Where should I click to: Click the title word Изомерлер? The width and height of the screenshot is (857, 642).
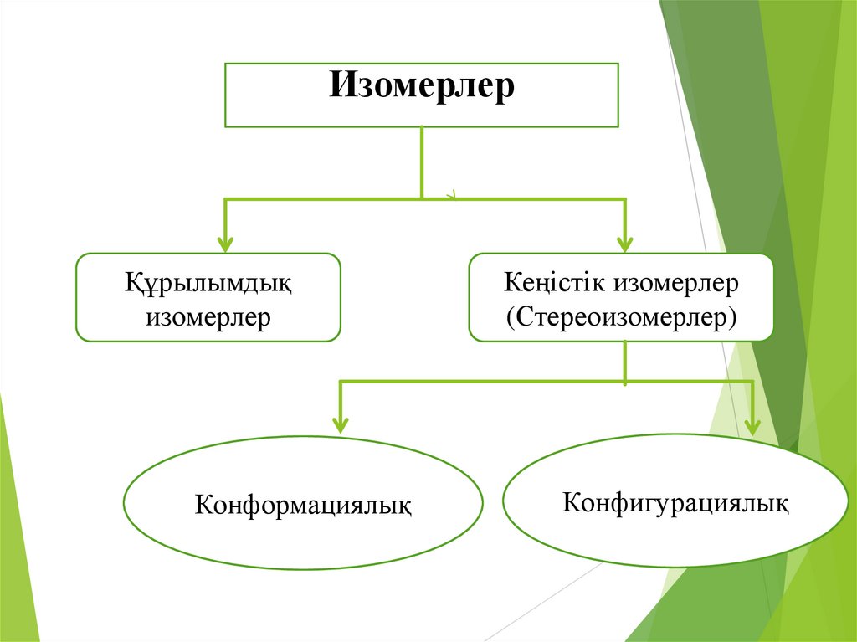[x=421, y=85]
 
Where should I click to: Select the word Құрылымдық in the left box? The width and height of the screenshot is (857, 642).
[x=208, y=283]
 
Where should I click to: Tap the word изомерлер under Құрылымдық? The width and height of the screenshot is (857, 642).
[x=208, y=317]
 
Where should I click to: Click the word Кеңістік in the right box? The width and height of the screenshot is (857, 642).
[x=555, y=283]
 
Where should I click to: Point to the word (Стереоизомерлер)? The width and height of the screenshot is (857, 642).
[x=621, y=317]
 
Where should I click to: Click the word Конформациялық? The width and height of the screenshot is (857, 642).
[x=303, y=506]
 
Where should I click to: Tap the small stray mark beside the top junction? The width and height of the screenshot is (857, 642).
[x=450, y=195]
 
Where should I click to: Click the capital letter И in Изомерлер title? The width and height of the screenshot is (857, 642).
[x=339, y=85]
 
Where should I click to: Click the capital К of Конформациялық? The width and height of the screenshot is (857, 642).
[x=203, y=506]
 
